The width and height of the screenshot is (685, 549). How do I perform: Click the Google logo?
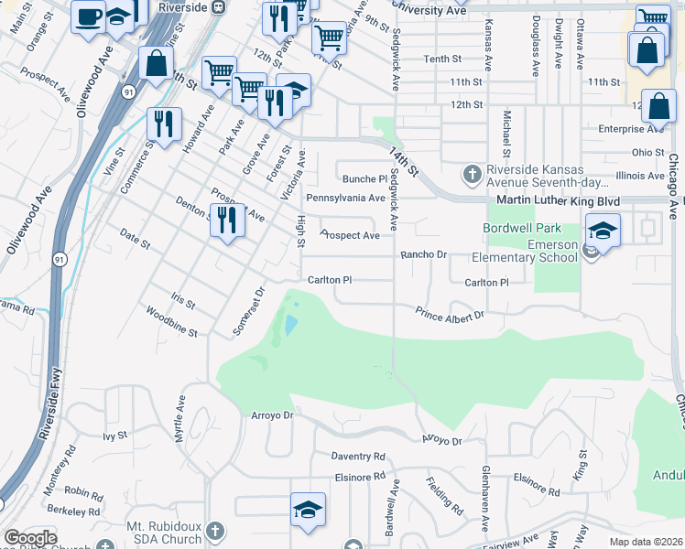pos(30,538)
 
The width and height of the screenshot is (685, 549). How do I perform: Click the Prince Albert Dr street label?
pos(450,315)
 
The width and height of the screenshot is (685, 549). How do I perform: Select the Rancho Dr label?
pos(422,255)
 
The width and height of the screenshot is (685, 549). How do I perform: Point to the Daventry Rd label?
pos(358,456)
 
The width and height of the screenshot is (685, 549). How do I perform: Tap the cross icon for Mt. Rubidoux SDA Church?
pos(213,531)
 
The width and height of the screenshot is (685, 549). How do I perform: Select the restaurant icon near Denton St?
pos(227,220)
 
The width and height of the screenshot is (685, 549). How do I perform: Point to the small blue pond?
pos(290,325)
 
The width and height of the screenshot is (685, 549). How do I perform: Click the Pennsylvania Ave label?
pos(345,198)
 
